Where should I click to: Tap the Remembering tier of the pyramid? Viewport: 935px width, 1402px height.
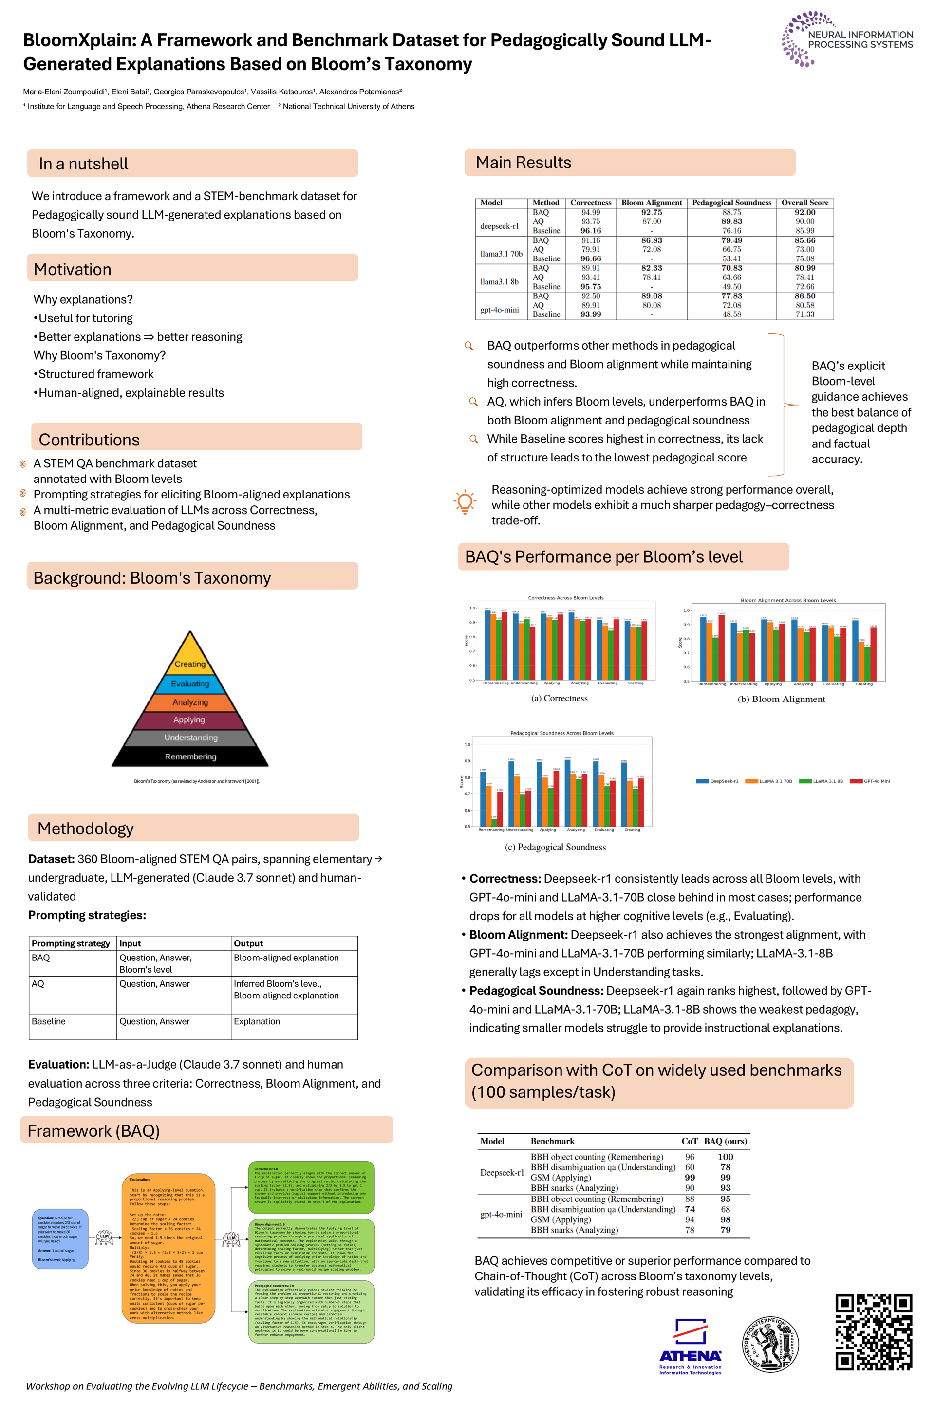(191, 756)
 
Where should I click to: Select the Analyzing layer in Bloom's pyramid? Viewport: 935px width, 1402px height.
(190, 702)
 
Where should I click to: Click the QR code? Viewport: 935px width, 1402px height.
(874, 1332)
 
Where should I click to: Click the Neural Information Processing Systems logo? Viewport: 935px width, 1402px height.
(847, 39)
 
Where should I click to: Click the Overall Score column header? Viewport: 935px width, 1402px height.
(804, 203)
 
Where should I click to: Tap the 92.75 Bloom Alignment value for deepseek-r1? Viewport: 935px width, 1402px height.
(651, 212)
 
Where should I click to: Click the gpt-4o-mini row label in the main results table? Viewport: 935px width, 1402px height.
(499, 310)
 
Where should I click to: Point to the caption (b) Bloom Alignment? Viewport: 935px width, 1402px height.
(781, 699)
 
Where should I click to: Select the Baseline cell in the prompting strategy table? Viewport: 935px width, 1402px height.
(49, 1021)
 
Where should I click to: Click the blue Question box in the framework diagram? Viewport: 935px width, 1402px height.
(59, 1238)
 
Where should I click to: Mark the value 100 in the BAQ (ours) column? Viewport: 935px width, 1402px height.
(725, 1157)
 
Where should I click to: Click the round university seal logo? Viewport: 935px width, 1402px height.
(770, 1344)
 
